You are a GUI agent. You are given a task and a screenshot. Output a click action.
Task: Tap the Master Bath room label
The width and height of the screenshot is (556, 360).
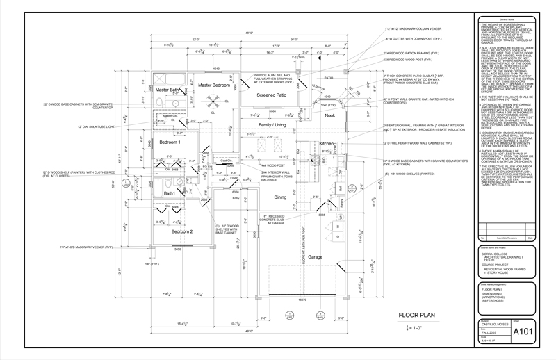point(168,90)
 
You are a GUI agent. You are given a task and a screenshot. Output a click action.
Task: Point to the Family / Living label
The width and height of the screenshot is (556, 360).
point(272,125)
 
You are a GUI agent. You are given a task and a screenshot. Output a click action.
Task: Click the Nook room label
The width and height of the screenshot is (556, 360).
point(329,115)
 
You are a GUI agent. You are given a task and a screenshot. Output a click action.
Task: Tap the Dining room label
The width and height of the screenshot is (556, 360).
point(280,197)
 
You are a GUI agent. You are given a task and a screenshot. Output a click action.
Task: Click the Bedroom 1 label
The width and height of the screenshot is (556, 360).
point(170,142)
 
